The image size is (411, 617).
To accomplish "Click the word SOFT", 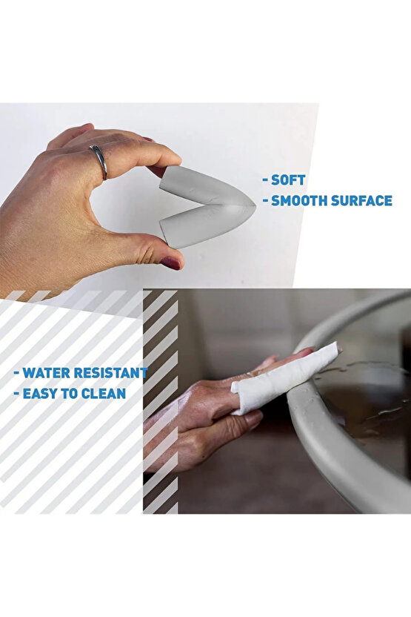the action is click(288, 180).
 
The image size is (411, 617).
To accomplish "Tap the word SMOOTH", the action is click(299, 201).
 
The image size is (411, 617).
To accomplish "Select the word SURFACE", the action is click(361, 201).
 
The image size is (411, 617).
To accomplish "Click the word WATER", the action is click(46, 372).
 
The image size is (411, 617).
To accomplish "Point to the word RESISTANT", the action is click(110, 372).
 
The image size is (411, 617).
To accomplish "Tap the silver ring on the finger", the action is click(99, 161).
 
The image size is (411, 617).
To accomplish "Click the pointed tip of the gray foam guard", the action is click(255, 205).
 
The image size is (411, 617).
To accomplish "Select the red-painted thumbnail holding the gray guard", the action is click(170, 263).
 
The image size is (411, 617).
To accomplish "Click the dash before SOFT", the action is click(266, 181).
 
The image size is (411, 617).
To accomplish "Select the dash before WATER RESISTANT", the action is click(16, 374).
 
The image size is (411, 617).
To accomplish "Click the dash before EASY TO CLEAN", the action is click(16, 395).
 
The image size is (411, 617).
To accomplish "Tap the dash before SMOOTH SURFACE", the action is click(266, 202).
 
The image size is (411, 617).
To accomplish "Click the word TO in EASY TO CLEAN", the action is click(71, 394).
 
